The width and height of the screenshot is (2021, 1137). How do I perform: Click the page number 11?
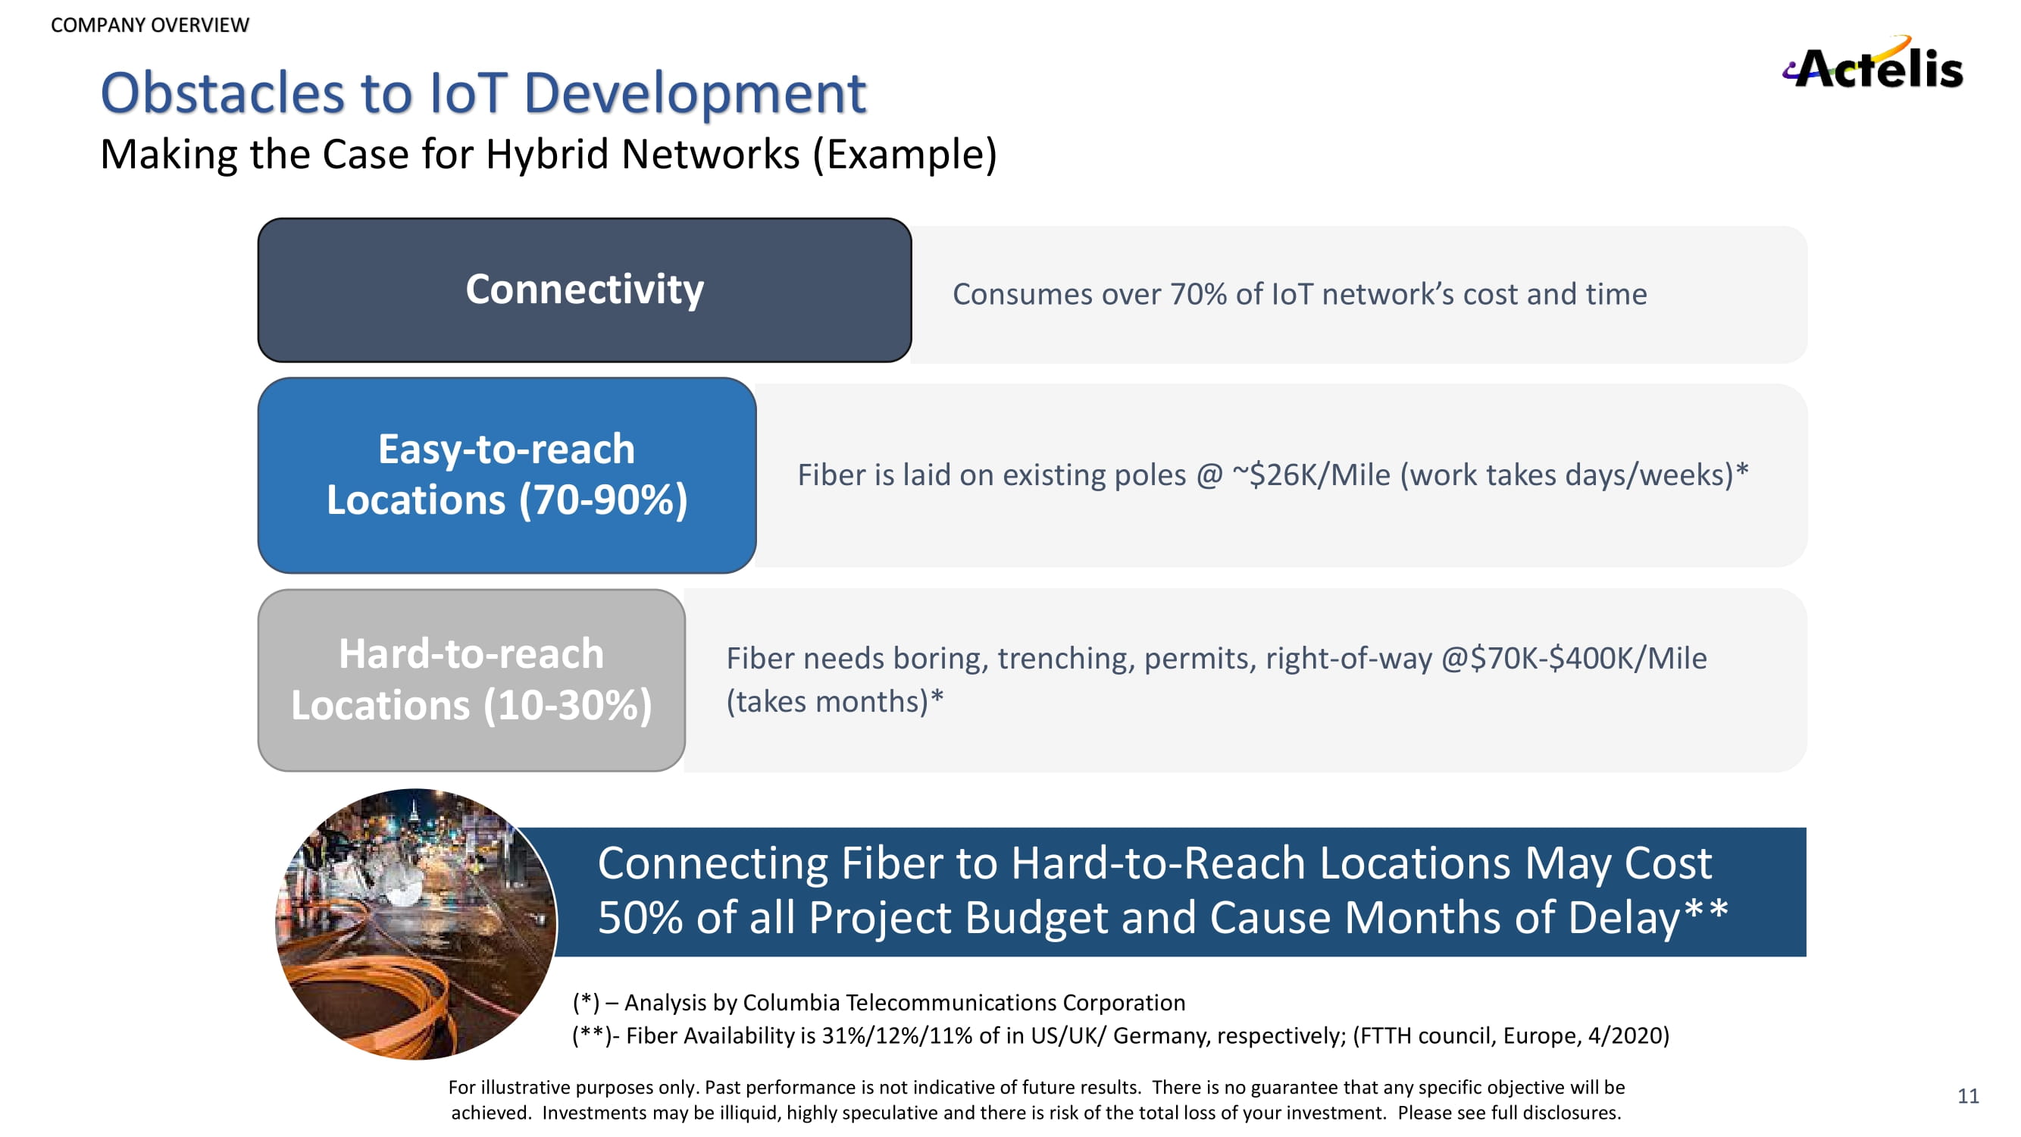click(1968, 1095)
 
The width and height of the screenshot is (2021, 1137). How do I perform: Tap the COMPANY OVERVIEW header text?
click(150, 25)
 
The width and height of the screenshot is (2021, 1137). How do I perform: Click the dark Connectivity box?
click(584, 290)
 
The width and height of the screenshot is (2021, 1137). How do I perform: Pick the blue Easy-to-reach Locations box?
click(507, 475)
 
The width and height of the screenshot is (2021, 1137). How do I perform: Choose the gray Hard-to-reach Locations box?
click(471, 681)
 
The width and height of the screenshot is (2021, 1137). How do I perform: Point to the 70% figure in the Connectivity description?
click(1198, 294)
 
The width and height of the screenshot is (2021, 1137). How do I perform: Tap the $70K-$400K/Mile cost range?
click(1589, 659)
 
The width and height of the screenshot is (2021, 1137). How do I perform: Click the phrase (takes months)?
click(828, 701)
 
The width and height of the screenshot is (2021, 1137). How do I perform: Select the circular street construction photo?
click(416, 924)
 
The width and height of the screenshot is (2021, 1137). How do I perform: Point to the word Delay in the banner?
click(1624, 917)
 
